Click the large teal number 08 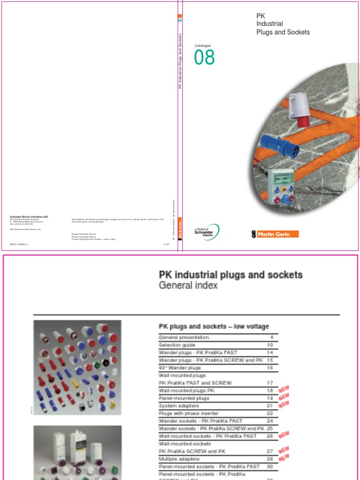point(204,57)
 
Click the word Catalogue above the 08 point(203,45)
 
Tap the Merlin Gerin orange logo point(275,234)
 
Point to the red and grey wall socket point(300,109)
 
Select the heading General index point(188,285)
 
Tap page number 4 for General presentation point(271,337)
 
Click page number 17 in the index point(269,383)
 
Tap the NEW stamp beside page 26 point(284,435)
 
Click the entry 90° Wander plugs point(180,368)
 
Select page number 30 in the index point(270,466)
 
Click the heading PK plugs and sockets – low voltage point(214,326)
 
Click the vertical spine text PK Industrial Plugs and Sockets point(180,61)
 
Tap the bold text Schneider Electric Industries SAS point(29,217)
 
